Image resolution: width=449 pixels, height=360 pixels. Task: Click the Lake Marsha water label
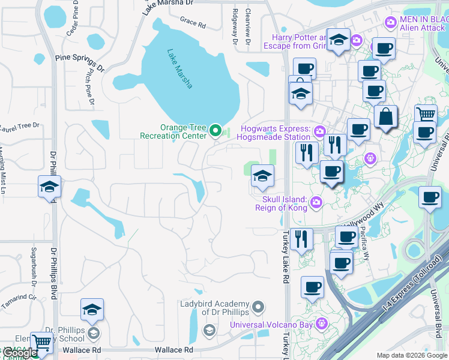click(180, 69)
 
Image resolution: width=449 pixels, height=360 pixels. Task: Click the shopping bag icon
click(385, 116)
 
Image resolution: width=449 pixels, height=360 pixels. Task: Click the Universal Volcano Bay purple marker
click(322, 325)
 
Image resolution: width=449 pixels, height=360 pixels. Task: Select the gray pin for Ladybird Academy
click(258, 307)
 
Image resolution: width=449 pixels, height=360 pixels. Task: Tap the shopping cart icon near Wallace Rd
click(41, 343)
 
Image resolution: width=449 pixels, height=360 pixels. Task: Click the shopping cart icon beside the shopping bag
click(426, 113)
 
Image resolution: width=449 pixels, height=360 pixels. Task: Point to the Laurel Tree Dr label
click(18, 126)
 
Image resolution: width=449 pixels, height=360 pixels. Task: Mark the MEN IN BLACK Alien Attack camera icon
click(391, 23)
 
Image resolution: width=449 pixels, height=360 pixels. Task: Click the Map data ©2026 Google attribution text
click(412, 355)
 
